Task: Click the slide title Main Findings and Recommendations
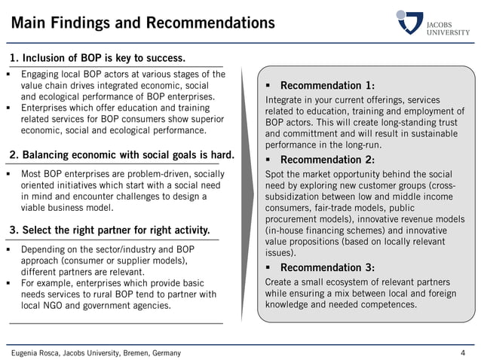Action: coord(142,23)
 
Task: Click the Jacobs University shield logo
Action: coord(410,21)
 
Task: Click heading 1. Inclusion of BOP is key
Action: coord(97,58)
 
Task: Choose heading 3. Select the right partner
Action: coord(110,229)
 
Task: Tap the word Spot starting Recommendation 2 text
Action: coord(275,173)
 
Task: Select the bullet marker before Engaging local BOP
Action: coord(8,75)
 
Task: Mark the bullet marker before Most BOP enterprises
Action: coord(8,174)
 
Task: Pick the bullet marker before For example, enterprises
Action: coord(8,283)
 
